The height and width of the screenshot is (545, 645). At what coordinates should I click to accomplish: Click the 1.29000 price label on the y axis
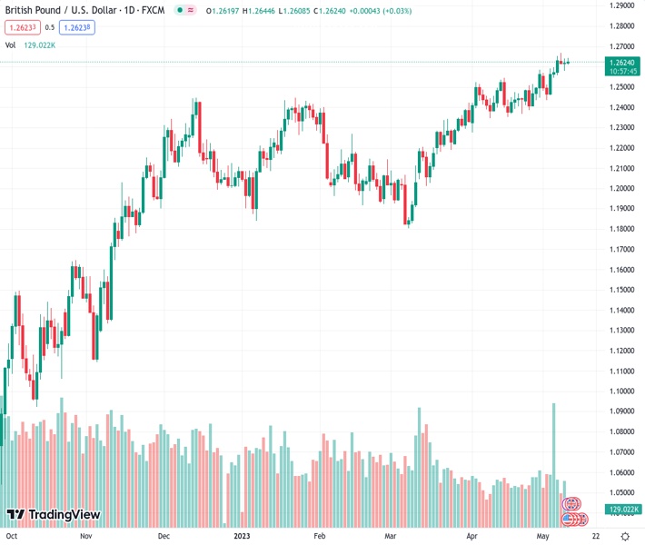tap(621, 5)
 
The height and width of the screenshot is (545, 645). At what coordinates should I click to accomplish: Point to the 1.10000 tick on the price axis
tap(621, 391)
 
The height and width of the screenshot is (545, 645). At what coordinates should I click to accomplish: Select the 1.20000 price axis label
tap(621, 189)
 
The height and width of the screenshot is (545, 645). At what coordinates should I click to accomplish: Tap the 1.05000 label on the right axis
tap(621, 492)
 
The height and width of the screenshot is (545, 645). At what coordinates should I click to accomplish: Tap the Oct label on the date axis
tap(14, 536)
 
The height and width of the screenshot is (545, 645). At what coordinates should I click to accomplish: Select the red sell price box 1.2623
tap(23, 27)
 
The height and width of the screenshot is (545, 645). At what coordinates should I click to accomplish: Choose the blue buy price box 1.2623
tap(77, 27)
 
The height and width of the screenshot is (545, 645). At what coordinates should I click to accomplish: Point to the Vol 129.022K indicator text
tap(31, 45)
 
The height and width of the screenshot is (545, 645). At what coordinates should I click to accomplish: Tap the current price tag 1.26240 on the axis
tap(622, 62)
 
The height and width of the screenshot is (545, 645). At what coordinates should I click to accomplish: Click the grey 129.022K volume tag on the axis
tap(622, 510)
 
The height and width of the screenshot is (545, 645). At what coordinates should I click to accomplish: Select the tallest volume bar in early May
tap(553, 454)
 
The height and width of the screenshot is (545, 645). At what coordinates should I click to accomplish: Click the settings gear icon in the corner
tap(624, 536)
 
